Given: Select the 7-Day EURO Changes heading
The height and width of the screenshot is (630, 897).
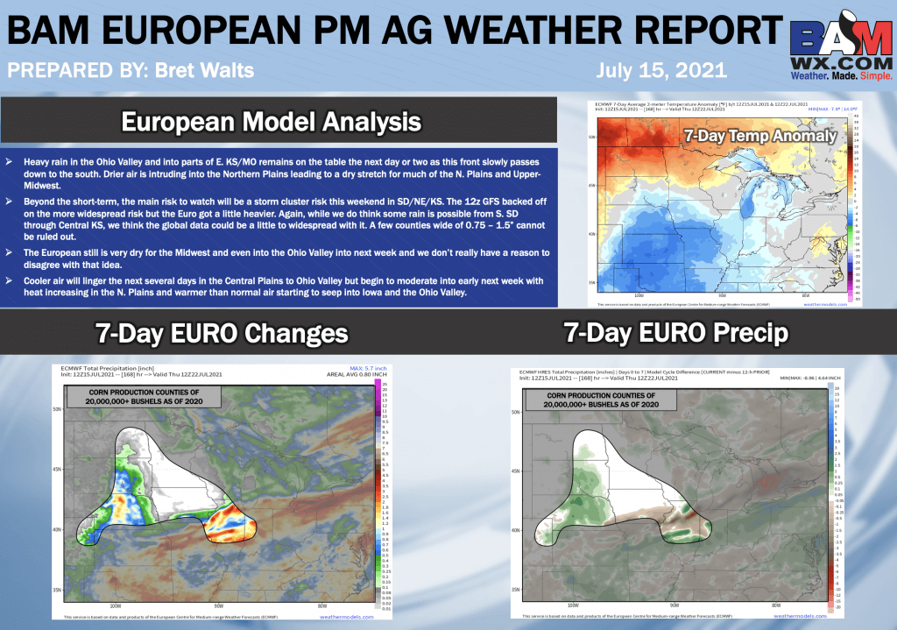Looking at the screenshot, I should click(x=221, y=333).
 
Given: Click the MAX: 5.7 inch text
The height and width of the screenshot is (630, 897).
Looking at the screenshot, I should click(x=343, y=368).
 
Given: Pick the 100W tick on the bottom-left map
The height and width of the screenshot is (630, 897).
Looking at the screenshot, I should click(x=115, y=605).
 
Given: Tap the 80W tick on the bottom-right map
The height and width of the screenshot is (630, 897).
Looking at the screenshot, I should click(x=776, y=605).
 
